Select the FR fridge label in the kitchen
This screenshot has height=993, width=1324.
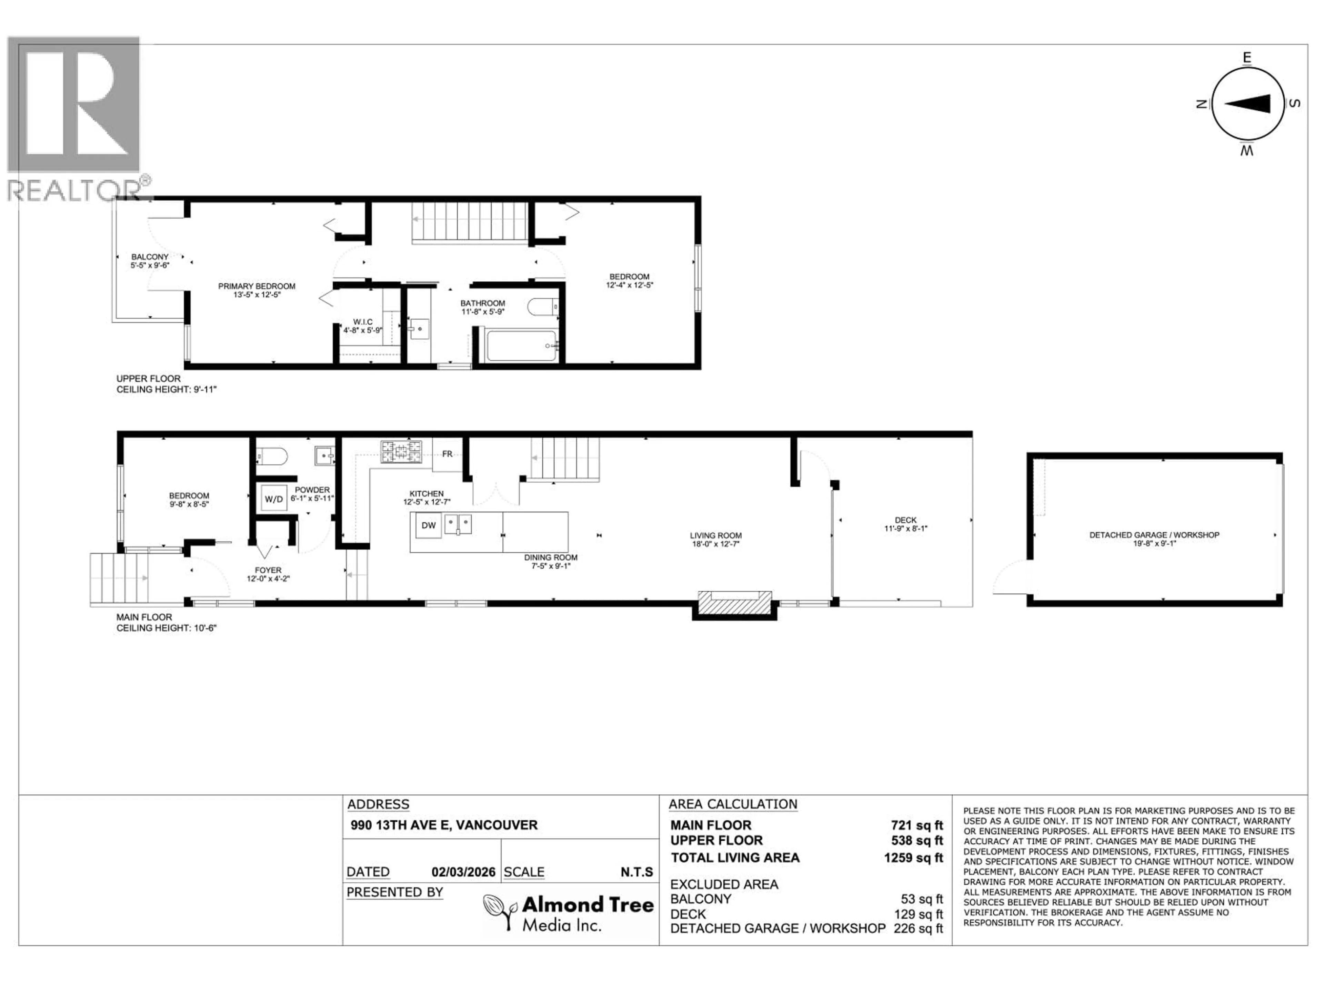(447, 454)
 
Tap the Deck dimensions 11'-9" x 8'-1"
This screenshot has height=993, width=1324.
(906, 529)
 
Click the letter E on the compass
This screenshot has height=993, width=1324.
(1247, 58)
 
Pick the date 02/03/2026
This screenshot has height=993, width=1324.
(463, 872)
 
